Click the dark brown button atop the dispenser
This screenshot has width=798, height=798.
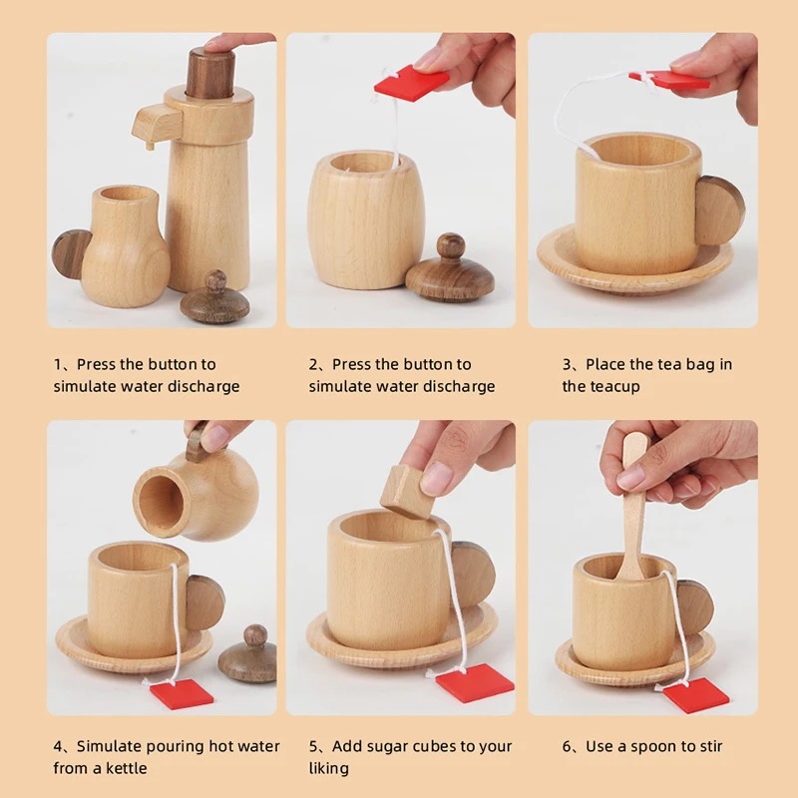(209, 73)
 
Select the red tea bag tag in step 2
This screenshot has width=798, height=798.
(411, 82)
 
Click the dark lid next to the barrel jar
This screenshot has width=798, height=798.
(450, 269)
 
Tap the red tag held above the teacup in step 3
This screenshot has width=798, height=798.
(668, 80)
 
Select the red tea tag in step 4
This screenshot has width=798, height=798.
(182, 693)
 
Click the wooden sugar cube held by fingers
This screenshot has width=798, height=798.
(407, 491)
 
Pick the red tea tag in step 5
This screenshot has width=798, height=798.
(475, 683)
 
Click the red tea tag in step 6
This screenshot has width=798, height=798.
(695, 694)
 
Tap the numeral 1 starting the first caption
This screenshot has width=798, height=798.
(58, 364)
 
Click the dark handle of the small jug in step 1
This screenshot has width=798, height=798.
(71, 254)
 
